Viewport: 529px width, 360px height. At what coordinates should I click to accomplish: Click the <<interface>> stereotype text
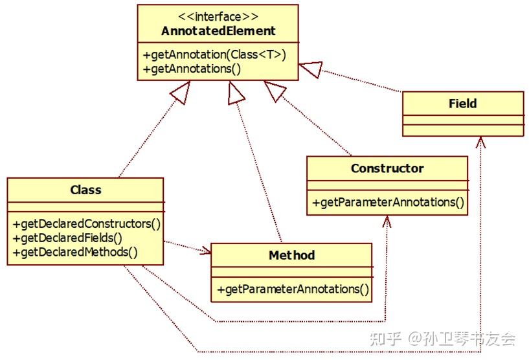(218, 17)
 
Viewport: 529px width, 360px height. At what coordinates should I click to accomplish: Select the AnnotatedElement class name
(218, 31)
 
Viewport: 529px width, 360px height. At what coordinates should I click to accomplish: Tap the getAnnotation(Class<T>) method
(214, 54)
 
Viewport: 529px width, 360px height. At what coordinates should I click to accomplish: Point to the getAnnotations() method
(192, 69)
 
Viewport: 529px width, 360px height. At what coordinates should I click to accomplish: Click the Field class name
(462, 104)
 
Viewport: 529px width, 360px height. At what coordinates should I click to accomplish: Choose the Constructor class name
(387, 168)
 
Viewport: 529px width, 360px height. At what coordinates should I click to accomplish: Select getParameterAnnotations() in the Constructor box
(388, 203)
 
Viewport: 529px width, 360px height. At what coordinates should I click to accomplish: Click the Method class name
(292, 255)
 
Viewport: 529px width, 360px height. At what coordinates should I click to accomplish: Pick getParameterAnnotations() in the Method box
(293, 289)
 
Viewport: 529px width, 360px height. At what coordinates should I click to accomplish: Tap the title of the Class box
(85, 190)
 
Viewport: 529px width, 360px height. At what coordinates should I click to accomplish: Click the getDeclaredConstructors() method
(87, 224)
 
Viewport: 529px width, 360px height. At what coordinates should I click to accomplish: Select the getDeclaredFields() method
(67, 238)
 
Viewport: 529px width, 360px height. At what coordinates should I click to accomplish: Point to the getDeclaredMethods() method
(75, 253)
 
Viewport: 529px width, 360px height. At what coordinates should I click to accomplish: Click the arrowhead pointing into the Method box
(206, 251)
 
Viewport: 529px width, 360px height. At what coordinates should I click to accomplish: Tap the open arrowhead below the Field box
(480, 142)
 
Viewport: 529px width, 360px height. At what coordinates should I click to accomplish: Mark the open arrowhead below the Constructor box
(387, 221)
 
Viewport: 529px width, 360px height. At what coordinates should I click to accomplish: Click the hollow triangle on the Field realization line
(311, 69)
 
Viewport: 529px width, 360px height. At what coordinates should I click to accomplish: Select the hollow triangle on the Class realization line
(181, 92)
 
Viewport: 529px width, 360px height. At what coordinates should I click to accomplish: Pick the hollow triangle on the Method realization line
(235, 94)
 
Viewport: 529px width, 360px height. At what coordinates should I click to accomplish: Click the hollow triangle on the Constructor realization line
(275, 90)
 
